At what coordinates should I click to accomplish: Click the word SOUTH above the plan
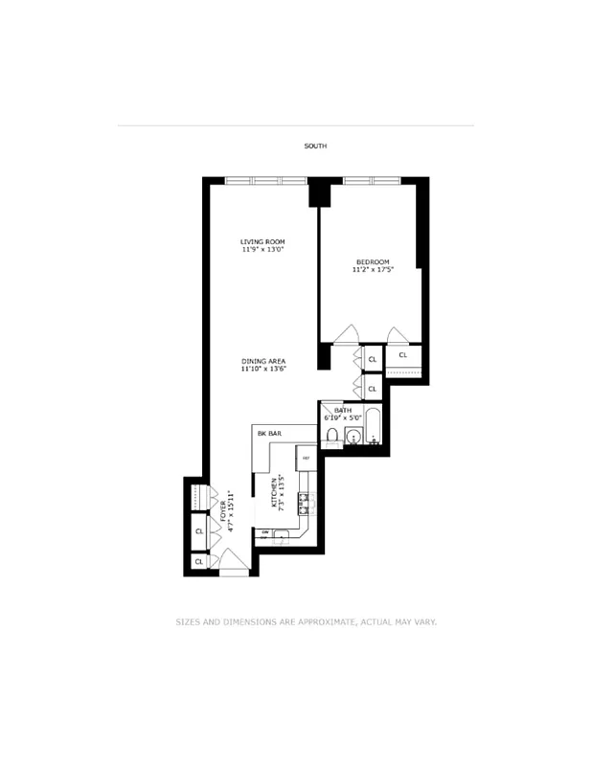click(x=315, y=146)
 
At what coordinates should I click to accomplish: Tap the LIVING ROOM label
click(x=262, y=241)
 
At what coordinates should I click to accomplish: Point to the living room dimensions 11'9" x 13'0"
click(x=262, y=250)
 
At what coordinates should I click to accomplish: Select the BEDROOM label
click(x=373, y=262)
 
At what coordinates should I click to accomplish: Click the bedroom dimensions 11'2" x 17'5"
click(x=373, y=271)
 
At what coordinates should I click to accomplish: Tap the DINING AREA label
click(x=263, y=361)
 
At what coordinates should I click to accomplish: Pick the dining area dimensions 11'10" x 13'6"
click(x=263, y=369)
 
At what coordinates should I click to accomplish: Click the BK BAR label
click(x=268, y=434)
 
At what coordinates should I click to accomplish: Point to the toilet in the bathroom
click(x=331, y=437)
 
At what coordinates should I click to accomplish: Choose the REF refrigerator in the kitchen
click(x=306, y=459)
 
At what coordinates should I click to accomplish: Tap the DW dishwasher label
click(x=264, y=532)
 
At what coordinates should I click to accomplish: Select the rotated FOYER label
click(x=224, y=507)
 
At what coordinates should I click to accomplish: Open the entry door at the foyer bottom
click(x=233, y=565)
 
